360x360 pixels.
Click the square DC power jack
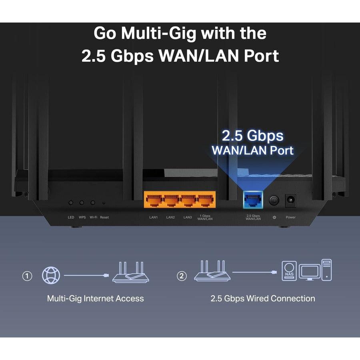[290, 200]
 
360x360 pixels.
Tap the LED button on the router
[71, 203]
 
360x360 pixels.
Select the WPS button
[82, 203]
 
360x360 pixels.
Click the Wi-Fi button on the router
[93, 203]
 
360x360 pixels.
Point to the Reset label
[104, 217]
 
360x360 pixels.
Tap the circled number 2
[182, 276]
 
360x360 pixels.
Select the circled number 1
[27, 276]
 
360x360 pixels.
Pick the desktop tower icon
[326, 270]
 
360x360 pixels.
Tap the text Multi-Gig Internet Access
[95, 298]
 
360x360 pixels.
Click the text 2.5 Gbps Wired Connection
[262, 298]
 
